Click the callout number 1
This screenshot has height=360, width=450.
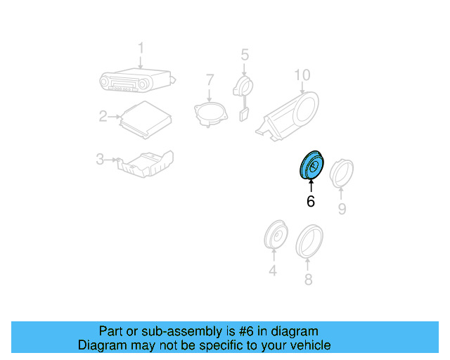pyautogui.click(x=140, y=48)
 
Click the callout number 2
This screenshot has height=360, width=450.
pyautogui.click(x=103, y=116)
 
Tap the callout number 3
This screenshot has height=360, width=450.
pyautogui.click(x=100, y=160)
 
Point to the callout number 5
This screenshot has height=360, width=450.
pyautogui.click(x=245, y=54)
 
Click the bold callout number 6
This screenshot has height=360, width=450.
pyautogui.click(x=310, y=201)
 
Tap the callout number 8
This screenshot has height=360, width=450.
pyautogui.click(x=307, y=280)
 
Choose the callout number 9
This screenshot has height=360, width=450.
pyautogui.click(x=342, y=209)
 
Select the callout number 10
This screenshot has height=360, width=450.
pyautogui.click(x=302, y=75)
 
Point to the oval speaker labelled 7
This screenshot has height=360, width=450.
pyautogui.click(x=209, y=112)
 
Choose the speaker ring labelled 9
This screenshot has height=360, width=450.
pyautogui.click(x=342, y=172)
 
